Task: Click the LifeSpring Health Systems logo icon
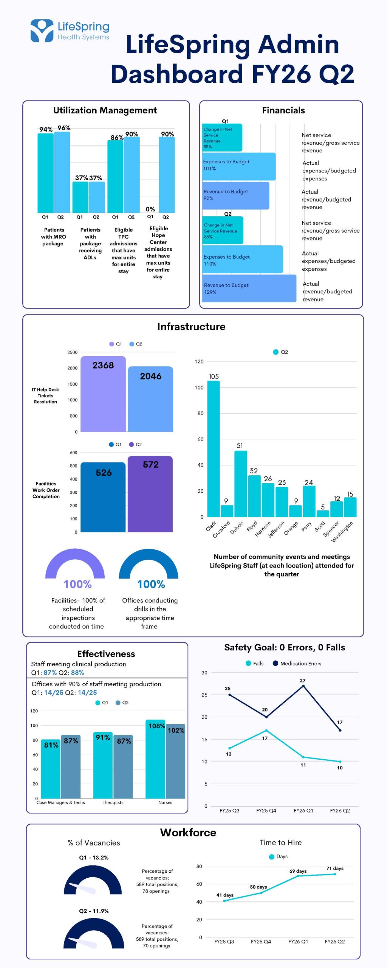click(x=42, y=31)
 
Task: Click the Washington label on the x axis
click(x=342, y=531)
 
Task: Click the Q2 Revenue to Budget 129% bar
click(x=249, y=289)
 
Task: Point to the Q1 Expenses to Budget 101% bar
click(x=239, y=166)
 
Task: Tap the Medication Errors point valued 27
click(x=303, y=686)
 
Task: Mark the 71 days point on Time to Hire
click(x=334, y=874)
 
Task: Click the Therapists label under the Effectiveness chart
click(x=113, y=802)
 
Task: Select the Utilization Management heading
click(x=105, y=110)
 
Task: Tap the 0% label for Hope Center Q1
click(x=150, y=209)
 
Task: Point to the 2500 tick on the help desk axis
click(x=73, y=352)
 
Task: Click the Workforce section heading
click(x=188, y=832)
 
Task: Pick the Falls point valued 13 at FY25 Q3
click(x=230, y=748)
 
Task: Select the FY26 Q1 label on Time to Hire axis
click(x=298, y=941)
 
